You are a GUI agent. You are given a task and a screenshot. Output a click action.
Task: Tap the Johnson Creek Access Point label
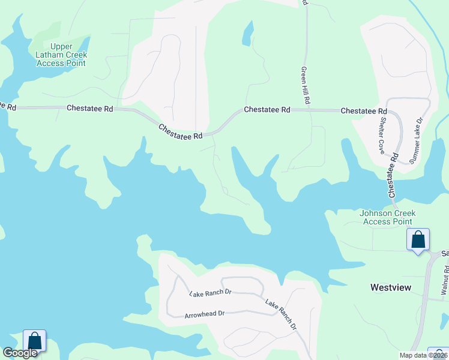pyautogui.click(x=387, y=217)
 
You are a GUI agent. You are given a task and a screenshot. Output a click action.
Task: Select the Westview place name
pyautogui.click(x=391, y=287)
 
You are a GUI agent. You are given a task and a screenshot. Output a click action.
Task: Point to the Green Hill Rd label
pyautogui.click(x=305, y=86)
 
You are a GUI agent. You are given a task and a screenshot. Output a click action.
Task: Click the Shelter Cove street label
pyautogui.click(x=382, y=136)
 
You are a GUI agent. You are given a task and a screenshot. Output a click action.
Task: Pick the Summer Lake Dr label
pyautogui.click(x=416, y=141)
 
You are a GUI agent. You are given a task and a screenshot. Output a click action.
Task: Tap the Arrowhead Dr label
pyautogui.click(x=205, y=314)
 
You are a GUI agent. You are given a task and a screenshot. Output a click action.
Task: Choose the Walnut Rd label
pyautogui.click(x=445, y=280)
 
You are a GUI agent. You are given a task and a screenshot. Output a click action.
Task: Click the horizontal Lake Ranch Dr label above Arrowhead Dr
pyautogui.click(x=210, y=293)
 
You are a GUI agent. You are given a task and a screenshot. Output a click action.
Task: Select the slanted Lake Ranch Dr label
pyautogui.click(x=281, y=314)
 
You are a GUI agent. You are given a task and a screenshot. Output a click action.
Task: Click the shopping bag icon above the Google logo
pyautogui.click(x=35, y=341)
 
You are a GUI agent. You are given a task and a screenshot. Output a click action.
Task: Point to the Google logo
pyautogui.click(x=20, y=353)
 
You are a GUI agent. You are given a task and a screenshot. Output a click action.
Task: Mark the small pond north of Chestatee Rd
pyautogui.click(x=247, y=35)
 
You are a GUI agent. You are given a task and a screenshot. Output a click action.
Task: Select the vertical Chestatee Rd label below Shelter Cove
pyautogui.click(x=394, y=175)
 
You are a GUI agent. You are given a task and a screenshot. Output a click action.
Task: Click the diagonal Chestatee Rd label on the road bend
pyautogui.click(x=181, y=132)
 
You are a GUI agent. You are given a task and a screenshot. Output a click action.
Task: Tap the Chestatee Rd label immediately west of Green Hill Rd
pyautogui.click(x=267, y=110)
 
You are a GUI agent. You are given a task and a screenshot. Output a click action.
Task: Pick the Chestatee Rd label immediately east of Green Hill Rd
pyautogui.click(x=364, y=112)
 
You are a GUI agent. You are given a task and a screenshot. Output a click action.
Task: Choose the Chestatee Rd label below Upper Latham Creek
pyautogui.click(x=90, y=109)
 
